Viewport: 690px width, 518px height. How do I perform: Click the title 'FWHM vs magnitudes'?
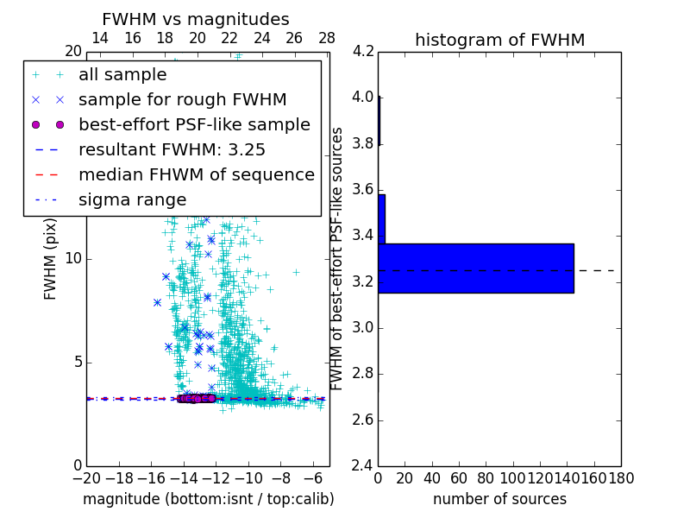196,19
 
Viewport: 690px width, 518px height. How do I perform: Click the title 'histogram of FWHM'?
499,40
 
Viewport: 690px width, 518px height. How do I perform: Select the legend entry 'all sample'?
122,75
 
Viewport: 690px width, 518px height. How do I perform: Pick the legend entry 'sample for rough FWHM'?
182,99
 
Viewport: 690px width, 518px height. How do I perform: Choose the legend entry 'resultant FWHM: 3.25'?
172,149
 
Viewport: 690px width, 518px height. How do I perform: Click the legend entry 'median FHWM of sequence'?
196,174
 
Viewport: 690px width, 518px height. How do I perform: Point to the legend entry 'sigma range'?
132,199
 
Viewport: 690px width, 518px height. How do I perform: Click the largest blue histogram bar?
475,268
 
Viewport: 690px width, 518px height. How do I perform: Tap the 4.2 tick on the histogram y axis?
363,51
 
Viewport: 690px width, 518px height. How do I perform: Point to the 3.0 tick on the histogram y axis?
363,327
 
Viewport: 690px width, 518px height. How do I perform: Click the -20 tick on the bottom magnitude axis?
86,477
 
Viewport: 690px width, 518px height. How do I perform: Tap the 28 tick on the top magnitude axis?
327,38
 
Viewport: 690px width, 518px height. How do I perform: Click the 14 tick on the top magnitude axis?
100,38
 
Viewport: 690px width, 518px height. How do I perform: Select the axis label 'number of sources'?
499,499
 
